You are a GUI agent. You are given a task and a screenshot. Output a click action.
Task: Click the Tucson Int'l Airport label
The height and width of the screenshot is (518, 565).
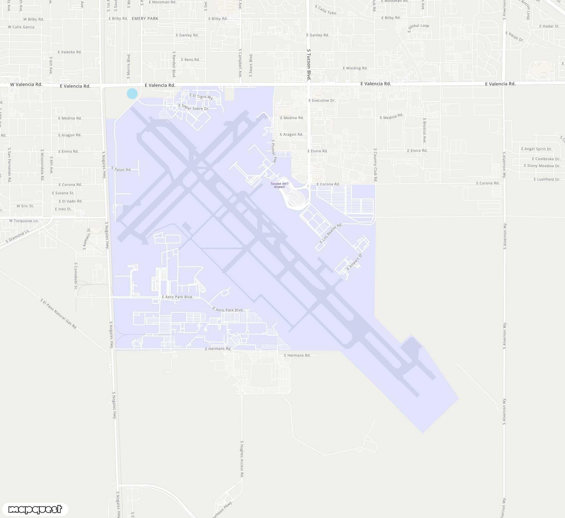click(x=279, y=185)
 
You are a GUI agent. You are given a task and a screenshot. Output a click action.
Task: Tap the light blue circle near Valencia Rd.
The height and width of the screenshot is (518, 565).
click(x=132, y=94)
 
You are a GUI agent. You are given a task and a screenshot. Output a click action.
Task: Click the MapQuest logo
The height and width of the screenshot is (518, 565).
click(x=35, y=509)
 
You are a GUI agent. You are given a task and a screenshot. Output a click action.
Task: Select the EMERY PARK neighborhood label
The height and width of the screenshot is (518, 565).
click(x=145, y=19)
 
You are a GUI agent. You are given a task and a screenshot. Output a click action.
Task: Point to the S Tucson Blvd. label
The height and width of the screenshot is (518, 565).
click(x=309, y=65)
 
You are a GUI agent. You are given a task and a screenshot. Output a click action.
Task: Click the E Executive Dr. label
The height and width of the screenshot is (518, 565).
click(x=322, y=100)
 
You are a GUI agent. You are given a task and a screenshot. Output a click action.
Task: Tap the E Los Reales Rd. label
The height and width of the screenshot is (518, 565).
click(x=331, y=233)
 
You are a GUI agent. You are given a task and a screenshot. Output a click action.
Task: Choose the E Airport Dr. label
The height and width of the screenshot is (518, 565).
click(x=354, y=262)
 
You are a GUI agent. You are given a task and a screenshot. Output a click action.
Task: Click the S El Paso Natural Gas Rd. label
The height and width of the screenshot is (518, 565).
click(x=59, y=314)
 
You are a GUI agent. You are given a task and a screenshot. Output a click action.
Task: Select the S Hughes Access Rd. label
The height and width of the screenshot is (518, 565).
click(x=242, y=459)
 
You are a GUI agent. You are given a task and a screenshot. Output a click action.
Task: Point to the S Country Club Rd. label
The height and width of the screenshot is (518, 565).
click(x=375, y=165)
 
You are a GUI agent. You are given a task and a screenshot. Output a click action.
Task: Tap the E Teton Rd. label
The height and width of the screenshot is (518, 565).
click(x=121, y=169)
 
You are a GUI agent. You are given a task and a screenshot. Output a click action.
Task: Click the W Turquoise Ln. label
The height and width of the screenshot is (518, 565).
click(x=24, y=221)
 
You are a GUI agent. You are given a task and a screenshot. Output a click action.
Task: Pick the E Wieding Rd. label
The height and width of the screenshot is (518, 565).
click(x=355, y=68)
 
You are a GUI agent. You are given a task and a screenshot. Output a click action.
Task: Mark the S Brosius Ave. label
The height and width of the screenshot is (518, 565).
click(x=424, y=130)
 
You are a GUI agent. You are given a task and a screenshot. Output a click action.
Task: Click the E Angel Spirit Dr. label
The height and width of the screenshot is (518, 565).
click(x=536, y=149)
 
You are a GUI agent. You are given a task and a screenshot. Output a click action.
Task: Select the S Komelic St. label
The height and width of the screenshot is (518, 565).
click(x=86, y=238)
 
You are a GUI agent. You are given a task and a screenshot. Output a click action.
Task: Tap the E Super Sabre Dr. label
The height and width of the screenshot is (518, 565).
click(x=194, y=107)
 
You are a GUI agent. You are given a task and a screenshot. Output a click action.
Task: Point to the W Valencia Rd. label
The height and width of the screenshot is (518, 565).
click(x=26, y=84)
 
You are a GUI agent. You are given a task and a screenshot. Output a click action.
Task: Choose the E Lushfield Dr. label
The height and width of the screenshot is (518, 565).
click(x=547, y=179)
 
